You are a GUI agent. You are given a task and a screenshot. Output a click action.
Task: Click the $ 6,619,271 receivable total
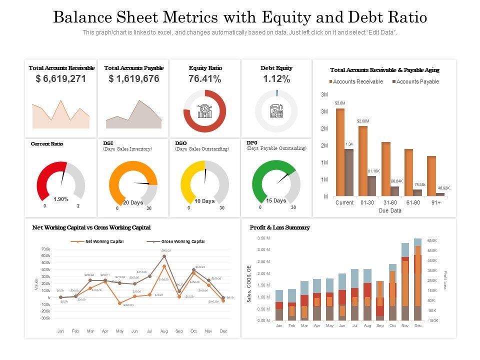coord(61,79)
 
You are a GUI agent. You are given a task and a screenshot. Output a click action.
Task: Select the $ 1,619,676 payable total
coord(134,79)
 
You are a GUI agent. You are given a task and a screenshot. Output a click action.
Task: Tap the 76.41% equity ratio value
coord(204,79)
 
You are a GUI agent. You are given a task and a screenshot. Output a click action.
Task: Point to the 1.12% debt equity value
coord(276,79)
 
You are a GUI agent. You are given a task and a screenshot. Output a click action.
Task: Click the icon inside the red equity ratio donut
coord(204,111)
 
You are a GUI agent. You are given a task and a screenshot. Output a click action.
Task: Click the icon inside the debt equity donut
coord(276,111)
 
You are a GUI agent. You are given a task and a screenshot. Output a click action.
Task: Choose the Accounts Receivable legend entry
coord(355,81)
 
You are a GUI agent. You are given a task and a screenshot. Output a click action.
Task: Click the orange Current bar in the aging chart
coord(340,152)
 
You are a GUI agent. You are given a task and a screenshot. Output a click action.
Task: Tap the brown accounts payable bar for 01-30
coord(371,185)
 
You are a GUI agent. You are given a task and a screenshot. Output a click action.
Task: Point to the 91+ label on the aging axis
coord(435,202)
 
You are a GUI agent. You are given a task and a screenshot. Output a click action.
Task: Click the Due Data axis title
coord(389,210)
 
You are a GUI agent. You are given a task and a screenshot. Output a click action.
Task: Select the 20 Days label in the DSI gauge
coord(133,202)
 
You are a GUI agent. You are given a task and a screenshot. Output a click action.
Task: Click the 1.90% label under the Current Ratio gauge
coord(61,199)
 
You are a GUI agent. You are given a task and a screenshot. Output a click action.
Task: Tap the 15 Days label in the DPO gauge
coord(276,200)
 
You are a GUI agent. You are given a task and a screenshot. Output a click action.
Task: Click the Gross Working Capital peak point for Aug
coord(164,256)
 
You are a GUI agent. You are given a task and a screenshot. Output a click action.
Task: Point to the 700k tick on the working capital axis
coord(45,249)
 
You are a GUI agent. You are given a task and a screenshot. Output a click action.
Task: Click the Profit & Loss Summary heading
coord(279,227)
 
